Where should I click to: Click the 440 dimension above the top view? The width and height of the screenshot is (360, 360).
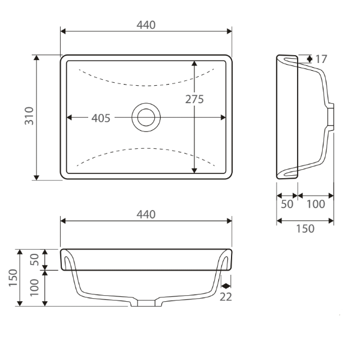click(146, 25)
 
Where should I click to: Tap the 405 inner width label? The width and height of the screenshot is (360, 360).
click(100, 118)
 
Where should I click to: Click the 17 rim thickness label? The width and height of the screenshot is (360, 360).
click(321, 59)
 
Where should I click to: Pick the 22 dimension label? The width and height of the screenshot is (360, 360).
click(226, 296)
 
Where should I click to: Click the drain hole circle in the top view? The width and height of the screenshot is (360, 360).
click(146, 116)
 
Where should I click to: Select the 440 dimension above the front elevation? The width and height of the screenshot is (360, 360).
click(146, 214)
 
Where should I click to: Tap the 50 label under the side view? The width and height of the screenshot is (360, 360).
click(287, 204)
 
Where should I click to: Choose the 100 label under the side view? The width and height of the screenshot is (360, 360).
click(316, 204)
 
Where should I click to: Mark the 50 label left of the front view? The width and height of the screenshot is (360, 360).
click(35, 259)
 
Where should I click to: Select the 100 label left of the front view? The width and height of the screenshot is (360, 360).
click(35, 289)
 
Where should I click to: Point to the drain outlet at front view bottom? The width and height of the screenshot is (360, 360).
click(146, 303)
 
